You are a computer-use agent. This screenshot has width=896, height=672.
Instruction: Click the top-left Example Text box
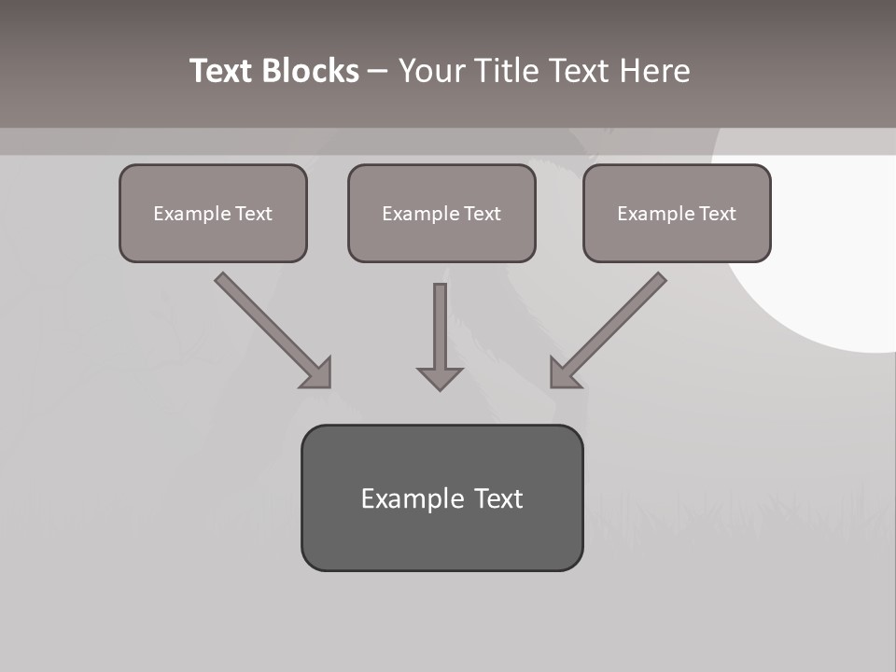coord(213,213)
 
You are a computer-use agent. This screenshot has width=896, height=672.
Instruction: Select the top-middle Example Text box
coord(441,213)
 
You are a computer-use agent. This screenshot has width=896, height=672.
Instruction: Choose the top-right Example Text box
coord(677,213)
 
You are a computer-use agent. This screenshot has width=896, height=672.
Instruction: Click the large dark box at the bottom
coord(441,497)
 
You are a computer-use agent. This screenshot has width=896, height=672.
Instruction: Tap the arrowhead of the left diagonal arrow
coord(317,373)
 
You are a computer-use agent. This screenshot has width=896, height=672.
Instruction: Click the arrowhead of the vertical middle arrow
coord(440,378)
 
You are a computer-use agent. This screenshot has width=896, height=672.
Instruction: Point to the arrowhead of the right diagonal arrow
coord(564,373)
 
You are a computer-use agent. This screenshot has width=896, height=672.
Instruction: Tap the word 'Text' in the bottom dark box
coord(498,498)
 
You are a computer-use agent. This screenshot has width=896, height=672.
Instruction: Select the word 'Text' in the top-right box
coord(718,214)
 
